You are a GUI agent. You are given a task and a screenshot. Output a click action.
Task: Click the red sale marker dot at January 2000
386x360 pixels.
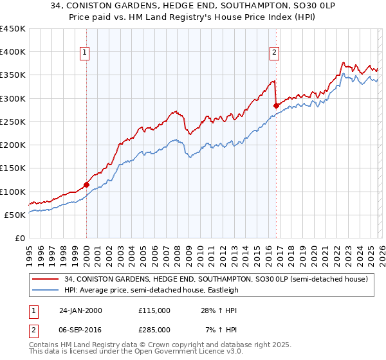coord(86,184)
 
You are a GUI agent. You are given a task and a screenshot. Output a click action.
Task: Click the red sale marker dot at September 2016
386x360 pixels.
coord(276,105)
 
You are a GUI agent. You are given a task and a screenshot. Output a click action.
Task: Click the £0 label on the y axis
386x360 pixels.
coord(21,238)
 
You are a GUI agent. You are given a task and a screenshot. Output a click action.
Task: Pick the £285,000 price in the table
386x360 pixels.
coord(154,330)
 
